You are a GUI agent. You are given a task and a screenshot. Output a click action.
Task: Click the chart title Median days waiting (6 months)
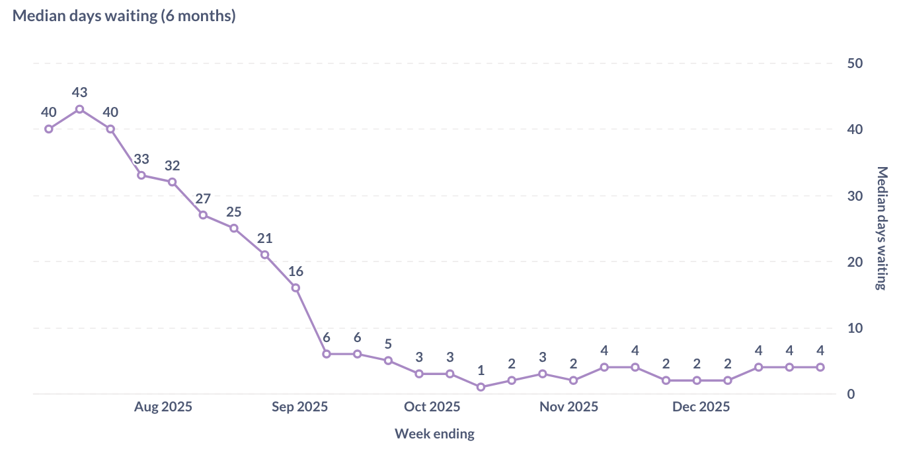tap(124, 17)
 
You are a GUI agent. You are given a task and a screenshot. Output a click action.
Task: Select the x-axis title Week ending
tap(434, 434)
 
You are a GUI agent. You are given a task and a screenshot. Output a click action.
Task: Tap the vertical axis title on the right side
tap(881, 228)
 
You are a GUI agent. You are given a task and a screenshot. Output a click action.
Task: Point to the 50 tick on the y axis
tap(855, 63)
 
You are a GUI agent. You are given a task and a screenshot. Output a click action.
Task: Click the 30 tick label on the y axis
tap(855, 196)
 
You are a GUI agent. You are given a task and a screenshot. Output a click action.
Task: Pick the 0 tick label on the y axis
tap(851, 394)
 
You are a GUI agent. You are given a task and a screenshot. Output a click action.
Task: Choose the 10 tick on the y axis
tap(855, 328)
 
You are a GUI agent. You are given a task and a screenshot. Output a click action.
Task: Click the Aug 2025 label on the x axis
tap(163, 407)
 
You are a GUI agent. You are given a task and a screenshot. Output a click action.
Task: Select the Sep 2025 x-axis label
tap(299, 407)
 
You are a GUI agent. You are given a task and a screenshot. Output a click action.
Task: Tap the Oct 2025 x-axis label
tap(432, 407)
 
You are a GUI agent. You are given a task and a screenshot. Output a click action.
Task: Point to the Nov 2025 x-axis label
tap(568, 407)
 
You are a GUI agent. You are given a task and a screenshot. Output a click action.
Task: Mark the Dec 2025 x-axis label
tap(701, 407)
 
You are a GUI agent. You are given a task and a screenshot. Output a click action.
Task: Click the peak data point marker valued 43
tap(79, 109)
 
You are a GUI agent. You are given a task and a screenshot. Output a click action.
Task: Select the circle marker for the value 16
tap(295, 288)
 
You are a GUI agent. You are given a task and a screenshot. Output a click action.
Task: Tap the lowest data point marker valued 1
tap(481, 387)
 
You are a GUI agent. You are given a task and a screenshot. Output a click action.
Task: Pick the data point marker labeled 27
tap(203, 215)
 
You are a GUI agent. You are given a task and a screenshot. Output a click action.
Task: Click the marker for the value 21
tap(264, 255)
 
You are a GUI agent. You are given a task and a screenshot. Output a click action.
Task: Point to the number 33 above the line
tap(141, 159)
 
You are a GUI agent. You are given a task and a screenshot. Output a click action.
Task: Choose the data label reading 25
tap(234, 212)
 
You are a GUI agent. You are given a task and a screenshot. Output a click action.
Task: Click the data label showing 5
tap(388, 344)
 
